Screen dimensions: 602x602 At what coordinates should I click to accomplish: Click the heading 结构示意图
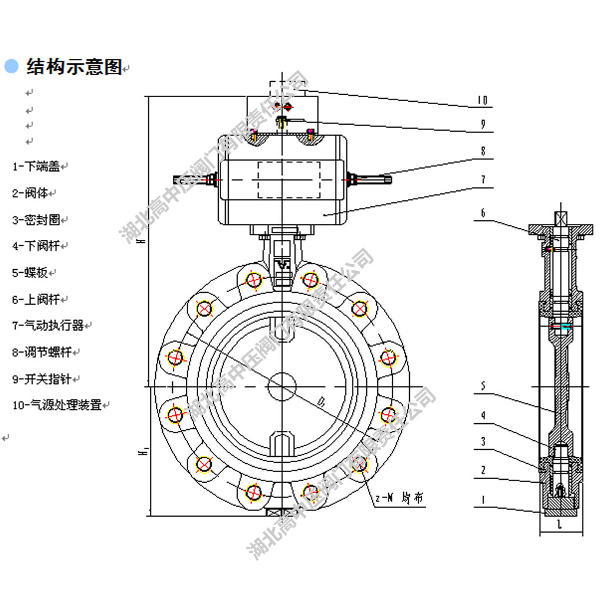coord(74,67)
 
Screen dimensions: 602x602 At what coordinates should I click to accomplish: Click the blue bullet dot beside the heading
coord(11,66)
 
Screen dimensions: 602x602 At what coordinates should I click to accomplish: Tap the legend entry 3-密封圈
coord(36,220)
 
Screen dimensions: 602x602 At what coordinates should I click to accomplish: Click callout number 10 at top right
coord(481,101)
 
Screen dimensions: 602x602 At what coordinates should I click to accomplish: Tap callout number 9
coord(483,124)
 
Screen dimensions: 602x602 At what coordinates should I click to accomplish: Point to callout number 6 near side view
coord(483,213)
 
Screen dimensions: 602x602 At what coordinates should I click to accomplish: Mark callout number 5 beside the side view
coord(483,386)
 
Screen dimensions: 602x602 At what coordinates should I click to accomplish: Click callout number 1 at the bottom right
coord(483,500)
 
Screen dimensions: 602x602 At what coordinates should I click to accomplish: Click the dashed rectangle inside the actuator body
coord(289,179)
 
